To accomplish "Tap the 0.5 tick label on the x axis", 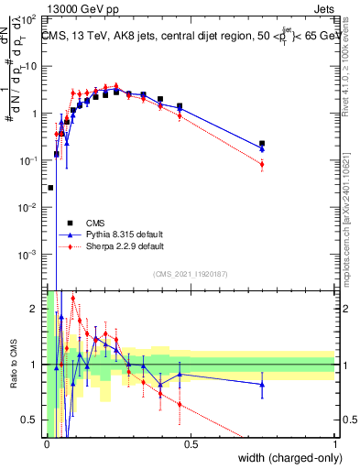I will point(191,444).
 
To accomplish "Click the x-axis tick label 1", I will point(334,444).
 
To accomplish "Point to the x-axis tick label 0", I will point(47,444).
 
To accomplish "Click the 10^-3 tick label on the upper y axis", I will point(29,254).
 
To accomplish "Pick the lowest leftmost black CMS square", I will point(49,187).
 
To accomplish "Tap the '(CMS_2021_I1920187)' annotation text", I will point(190,274).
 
